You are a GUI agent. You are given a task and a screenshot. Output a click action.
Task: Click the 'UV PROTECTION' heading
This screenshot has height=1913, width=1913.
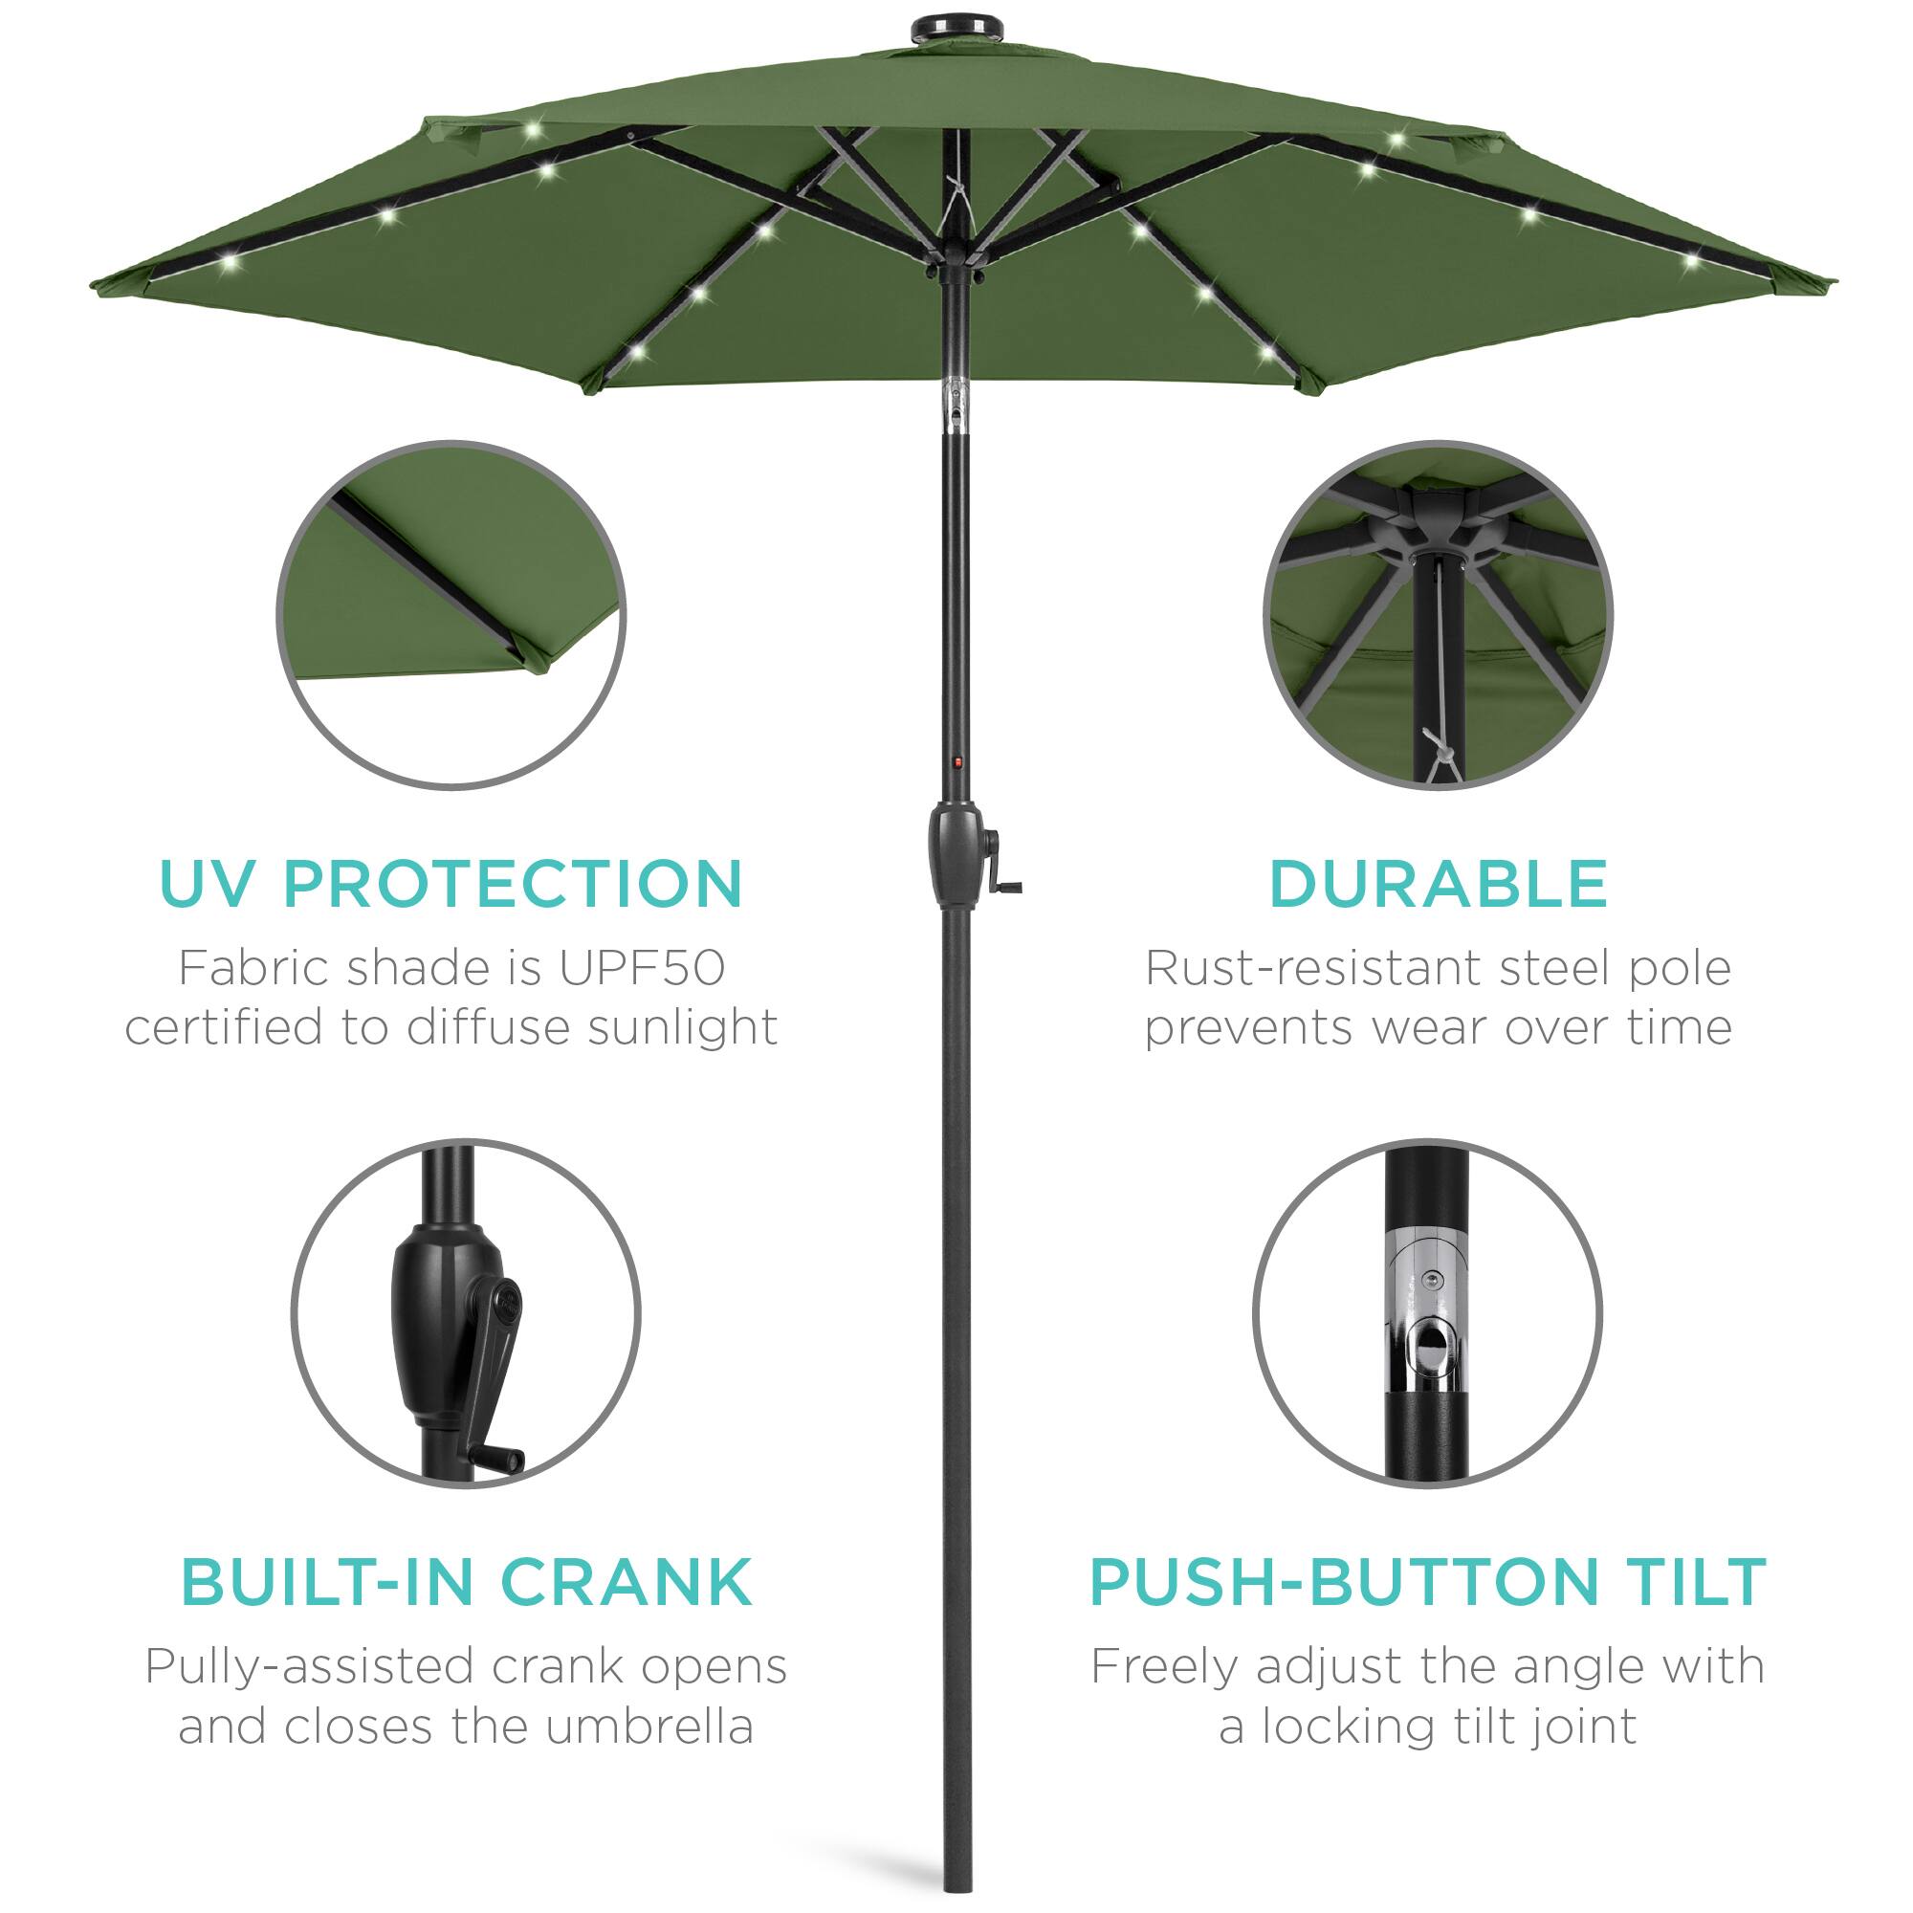click(451, 883)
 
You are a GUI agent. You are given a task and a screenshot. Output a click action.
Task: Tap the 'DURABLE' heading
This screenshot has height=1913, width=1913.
click(1438, 883)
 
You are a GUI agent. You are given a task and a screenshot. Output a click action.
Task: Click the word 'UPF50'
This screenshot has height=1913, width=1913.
click(642, 968)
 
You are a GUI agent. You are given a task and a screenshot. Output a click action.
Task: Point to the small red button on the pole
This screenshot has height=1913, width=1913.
click(957, 762)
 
